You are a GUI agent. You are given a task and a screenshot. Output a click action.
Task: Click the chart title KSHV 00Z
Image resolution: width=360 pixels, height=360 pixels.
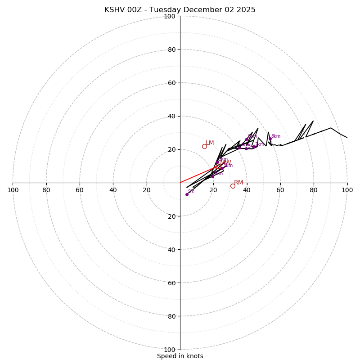[180, 10]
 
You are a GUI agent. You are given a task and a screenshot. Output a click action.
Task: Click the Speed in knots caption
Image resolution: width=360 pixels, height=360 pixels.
[180, 356]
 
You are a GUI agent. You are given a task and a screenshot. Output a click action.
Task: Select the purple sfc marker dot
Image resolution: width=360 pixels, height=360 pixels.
[187, 194]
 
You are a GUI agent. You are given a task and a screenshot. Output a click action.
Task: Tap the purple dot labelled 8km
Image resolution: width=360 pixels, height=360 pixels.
[270, 139]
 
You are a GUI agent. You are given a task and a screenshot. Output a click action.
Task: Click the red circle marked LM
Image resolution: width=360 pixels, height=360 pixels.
[204, 146]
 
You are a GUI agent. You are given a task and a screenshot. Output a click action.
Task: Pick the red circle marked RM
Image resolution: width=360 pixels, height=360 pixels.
[233, 186]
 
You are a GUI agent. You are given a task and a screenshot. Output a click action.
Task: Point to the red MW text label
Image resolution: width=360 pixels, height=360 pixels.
[225, 162]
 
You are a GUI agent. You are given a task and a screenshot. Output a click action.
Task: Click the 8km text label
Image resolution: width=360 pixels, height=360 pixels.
[275, 136]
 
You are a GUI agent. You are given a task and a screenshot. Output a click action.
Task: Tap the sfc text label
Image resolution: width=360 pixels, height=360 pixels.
[191, 192]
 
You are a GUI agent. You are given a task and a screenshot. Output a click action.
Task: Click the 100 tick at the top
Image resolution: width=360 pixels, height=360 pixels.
[170, 16]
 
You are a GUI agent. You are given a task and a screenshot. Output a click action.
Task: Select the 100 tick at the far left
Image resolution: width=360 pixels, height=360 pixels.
[13, 190]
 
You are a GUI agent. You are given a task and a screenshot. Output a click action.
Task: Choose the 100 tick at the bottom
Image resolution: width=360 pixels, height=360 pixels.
[170, 349]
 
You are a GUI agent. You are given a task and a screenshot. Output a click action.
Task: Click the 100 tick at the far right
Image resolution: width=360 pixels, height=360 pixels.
[347, 190]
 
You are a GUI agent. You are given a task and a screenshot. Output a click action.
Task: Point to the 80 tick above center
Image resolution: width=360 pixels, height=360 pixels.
[171, 49]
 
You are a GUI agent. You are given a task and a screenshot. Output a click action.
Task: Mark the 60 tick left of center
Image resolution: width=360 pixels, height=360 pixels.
[80, 190]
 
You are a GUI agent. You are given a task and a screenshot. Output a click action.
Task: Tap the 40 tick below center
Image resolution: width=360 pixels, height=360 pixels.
[171, 249]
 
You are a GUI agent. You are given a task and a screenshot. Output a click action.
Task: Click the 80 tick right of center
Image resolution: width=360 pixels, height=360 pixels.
[314, 190]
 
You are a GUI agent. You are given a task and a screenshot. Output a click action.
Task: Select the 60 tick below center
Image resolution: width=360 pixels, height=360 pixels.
[171, 283]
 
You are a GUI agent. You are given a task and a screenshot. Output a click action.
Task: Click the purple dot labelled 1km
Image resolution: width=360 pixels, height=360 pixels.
[212, 176]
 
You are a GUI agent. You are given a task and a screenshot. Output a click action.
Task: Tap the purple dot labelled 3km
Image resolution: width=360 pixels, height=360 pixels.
[222, 168]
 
